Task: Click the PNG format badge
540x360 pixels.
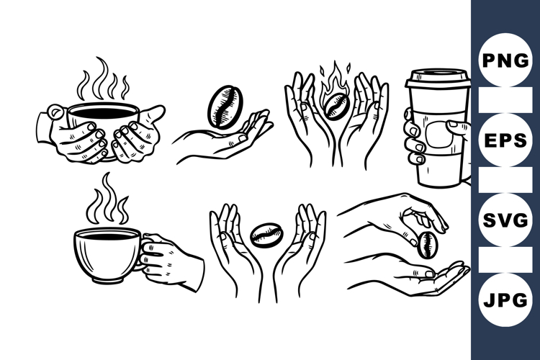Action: [505, 60]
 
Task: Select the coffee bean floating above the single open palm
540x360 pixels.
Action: [220, 105]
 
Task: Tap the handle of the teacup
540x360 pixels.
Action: [146, 252]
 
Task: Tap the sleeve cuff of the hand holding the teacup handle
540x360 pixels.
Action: [189, 268]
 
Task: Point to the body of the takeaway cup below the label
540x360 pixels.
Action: [438, 173]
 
